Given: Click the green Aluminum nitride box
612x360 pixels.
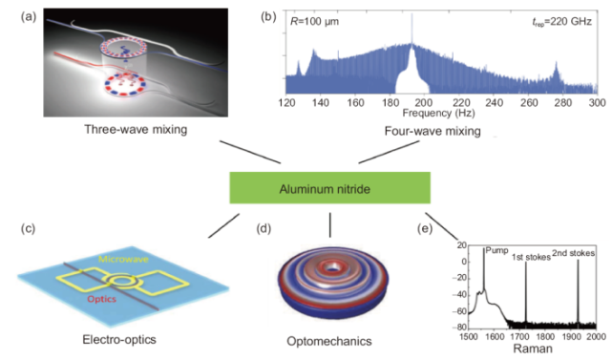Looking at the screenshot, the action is (x=329, y=188).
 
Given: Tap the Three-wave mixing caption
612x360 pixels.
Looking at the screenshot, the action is (x=136, y=129).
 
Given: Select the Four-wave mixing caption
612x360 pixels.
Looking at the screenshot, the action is (x=433, y=131).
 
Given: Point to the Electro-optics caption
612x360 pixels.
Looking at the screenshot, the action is (x=119, y=339).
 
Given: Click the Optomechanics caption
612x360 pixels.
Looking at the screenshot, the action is (x=329, y=341).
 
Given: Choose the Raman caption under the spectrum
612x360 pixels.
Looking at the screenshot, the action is (x=533, y=349).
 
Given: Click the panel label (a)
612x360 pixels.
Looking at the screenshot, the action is (x=29, y=17).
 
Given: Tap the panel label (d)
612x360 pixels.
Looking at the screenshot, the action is (x=264, y=228).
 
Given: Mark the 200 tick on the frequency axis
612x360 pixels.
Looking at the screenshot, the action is (x=424, y=103).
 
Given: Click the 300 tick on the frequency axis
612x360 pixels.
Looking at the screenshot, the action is (x=597, y=103).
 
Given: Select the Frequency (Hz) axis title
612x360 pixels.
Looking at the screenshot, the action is (x=438, y=114).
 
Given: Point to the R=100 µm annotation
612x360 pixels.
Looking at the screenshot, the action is (x=314, y=21).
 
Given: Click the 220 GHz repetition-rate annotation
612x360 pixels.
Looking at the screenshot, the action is (x=562, y=21).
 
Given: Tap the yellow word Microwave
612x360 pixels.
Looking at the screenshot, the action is (x=123, y=259).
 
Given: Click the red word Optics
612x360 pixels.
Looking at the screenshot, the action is (x=101, y=299).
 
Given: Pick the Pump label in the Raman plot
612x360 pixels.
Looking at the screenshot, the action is (x=496, y=250).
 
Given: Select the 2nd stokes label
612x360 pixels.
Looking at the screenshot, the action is (x=574, y=253).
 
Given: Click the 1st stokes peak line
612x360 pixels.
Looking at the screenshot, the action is (x=526, y=292).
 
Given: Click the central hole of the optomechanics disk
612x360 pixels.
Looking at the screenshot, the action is (x=332, y=267).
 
